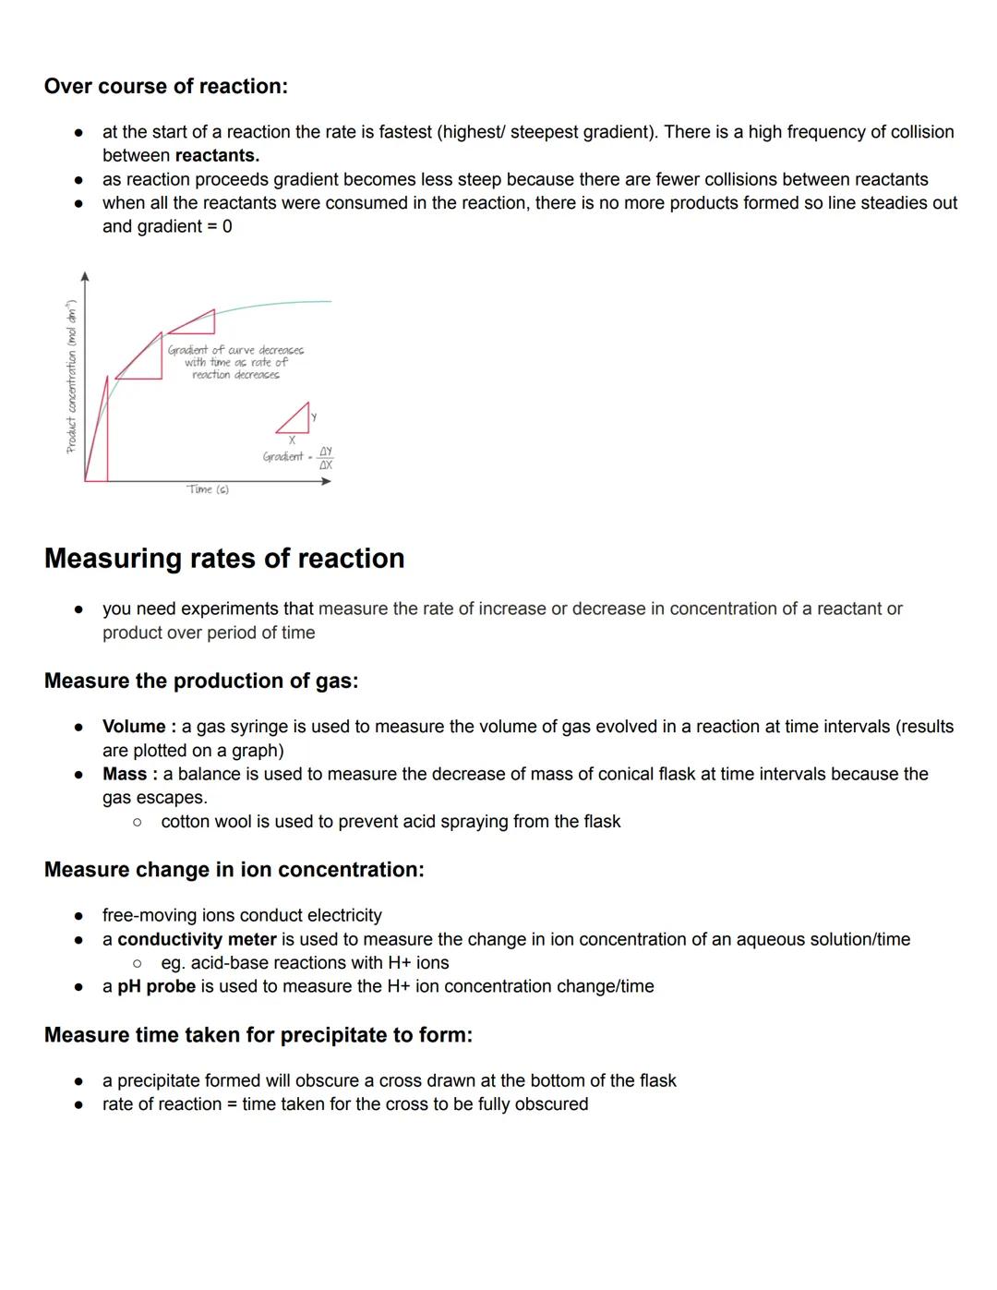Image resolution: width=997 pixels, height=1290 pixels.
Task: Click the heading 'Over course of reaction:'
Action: pyautogui.click(x=166, y=87)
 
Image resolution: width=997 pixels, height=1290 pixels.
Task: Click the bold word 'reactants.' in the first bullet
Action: pyautogui.click(x=217, y=156)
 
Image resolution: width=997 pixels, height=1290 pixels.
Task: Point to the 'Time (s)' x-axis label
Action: pyautogui.click(x=208, y=489)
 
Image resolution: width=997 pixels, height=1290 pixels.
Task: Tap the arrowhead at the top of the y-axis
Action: pyautogui.click(x=85, y=276)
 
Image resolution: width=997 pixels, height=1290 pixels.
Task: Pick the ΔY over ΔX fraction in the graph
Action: pyautogui.click(x=326, y=458)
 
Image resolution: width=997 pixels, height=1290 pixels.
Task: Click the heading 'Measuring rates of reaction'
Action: pyautogui.click(x=224, y=559)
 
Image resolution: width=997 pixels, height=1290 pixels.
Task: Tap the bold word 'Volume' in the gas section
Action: pyautogui.click(x=134, y=727)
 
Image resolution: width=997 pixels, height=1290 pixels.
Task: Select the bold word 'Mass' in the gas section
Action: pyautogui.click(x=125, y=774)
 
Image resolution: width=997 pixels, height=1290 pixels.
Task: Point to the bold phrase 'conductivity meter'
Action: pyautogui.click(x=197, y=939)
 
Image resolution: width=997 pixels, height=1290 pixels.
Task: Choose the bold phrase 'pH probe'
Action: pyautogui.click(x=156, y=986)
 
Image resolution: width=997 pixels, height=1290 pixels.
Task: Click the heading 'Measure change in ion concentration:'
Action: pyautogui.click(x=234, y=870)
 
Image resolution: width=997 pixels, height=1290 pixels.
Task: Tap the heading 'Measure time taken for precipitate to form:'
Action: pyautogui.click(x=258, y=1035)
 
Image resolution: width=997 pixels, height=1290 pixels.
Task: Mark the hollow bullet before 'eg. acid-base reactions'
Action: pyautogui.click(x=137, y=963)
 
